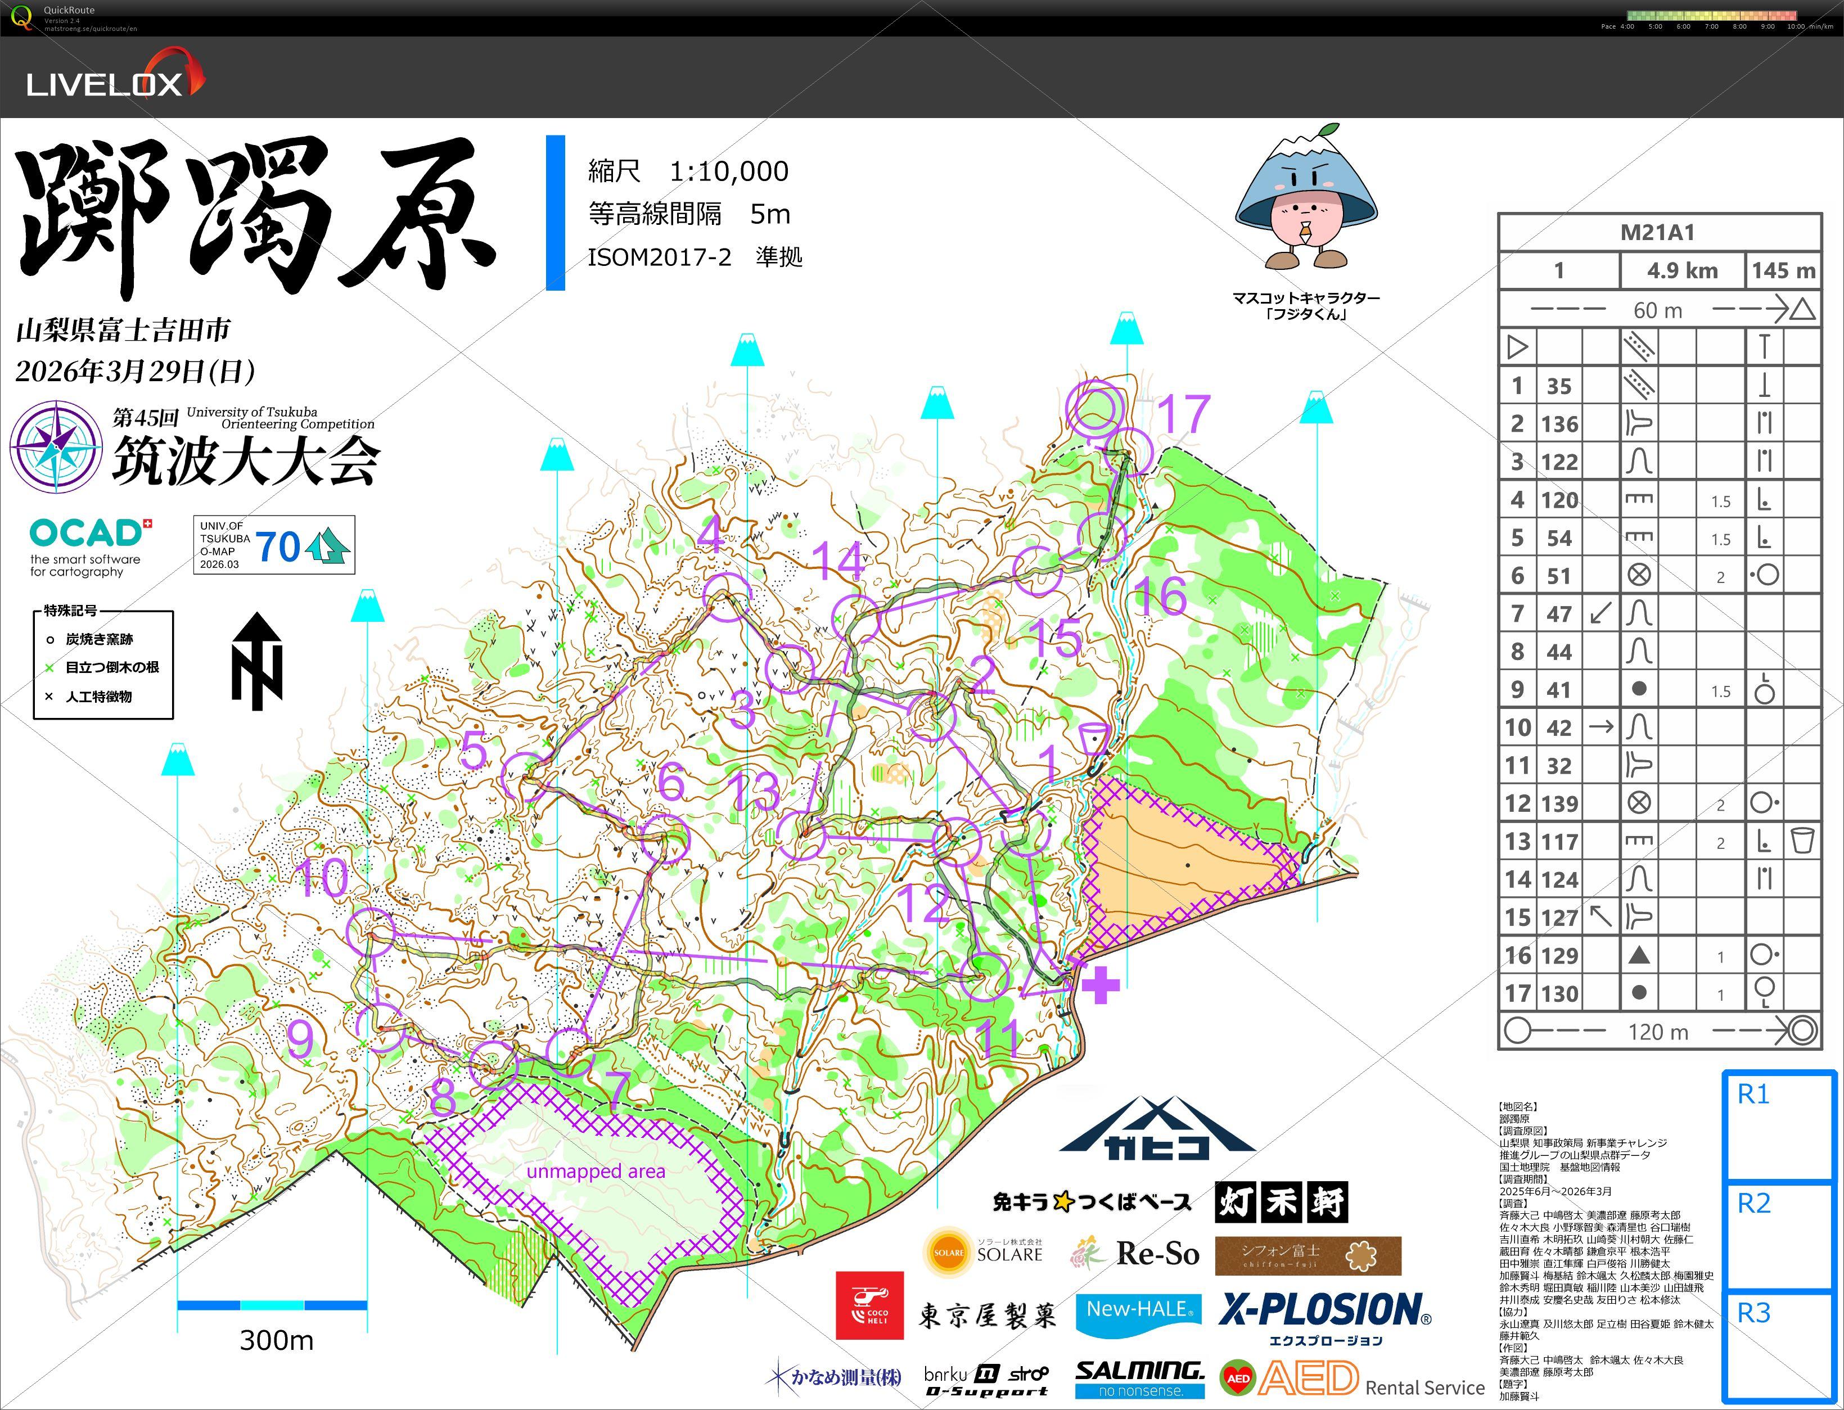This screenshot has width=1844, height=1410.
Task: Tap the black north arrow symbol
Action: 257,661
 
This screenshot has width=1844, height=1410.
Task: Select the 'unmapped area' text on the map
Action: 596,1172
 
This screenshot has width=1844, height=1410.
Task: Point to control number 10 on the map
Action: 323,878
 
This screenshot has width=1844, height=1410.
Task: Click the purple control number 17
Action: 1183,414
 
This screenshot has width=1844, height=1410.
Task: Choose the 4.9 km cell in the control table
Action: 1682,271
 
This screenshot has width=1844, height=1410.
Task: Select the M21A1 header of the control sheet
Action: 1658,233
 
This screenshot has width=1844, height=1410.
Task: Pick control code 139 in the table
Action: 1559,804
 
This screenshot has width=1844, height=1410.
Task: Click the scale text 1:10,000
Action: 728,171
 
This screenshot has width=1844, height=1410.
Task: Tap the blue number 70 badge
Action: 278,546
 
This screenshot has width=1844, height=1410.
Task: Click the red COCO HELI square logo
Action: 869,1305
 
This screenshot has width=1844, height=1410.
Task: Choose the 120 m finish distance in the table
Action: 1658,1032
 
